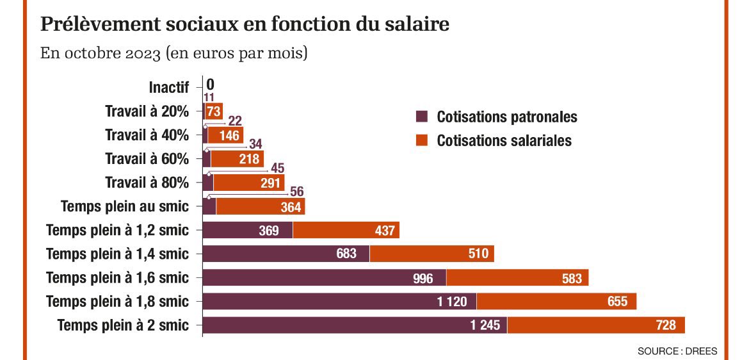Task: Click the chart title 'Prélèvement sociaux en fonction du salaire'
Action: click(245, 24)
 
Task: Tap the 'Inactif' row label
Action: click(169, 87)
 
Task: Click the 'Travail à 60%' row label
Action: click(147, 159)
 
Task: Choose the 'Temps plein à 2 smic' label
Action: click(123, 325)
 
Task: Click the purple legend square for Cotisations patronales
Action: click(421, 117)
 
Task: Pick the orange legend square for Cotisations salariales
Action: click(421, 140)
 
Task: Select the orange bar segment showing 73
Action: click(214, 111)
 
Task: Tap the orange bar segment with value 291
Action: click(249, 183)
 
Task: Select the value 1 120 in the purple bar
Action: click(453, 302)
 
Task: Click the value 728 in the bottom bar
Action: click(666, 325)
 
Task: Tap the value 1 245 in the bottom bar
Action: click(484, 325)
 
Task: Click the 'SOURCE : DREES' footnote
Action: click(677, 351)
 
